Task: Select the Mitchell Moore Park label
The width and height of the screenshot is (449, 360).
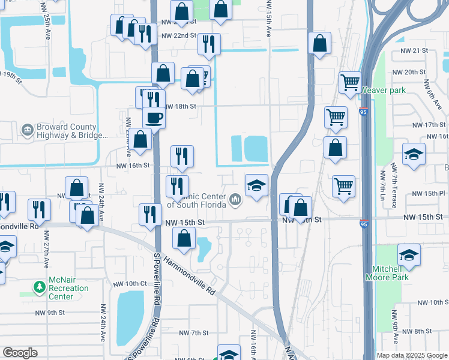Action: [387, 273]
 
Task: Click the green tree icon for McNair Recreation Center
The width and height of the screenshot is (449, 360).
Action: [40, 288]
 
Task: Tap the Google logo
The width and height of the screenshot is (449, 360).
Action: [20, 353]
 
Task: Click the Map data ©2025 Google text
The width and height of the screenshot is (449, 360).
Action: [412, 355]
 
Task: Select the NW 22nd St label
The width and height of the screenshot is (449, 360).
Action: [179, 35]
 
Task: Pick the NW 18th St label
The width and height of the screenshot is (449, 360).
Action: [181, 106]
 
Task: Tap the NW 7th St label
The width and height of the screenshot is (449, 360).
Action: [197, 332]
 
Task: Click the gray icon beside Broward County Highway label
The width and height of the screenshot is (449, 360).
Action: [27, 130]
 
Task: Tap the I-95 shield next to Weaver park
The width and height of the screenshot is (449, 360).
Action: [364, 112]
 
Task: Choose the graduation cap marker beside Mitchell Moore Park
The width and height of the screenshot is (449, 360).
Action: [409, 255]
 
